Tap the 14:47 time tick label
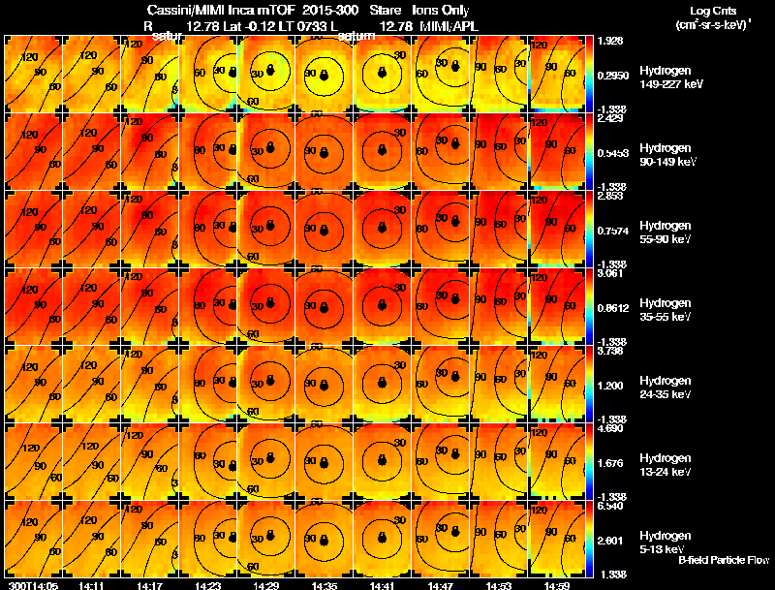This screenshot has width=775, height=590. [x=441, y=585]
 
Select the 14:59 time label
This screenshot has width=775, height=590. [x=559, y=585]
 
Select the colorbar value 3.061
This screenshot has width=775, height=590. [x=609, y=274]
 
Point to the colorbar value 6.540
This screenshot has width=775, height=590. [x=609, y=507]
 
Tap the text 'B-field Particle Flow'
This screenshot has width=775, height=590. [x=723, y=560]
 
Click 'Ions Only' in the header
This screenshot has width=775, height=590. [x=442, y=9]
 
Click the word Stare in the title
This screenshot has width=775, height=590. [x=386, y=9]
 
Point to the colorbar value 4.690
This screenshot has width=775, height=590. [x=609, y=429]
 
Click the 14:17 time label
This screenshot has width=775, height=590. [x=147, y=585]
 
